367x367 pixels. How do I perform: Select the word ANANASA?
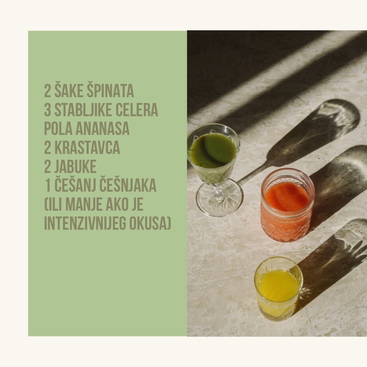tap(102, 129)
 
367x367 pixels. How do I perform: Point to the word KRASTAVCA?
tap(87, 148)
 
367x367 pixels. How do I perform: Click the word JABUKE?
tap(75, 167)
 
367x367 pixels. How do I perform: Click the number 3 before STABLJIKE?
tap(48, 110)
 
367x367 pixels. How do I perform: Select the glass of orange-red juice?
tap(287, 205)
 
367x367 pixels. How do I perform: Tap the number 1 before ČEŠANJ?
tap(48, 186)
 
